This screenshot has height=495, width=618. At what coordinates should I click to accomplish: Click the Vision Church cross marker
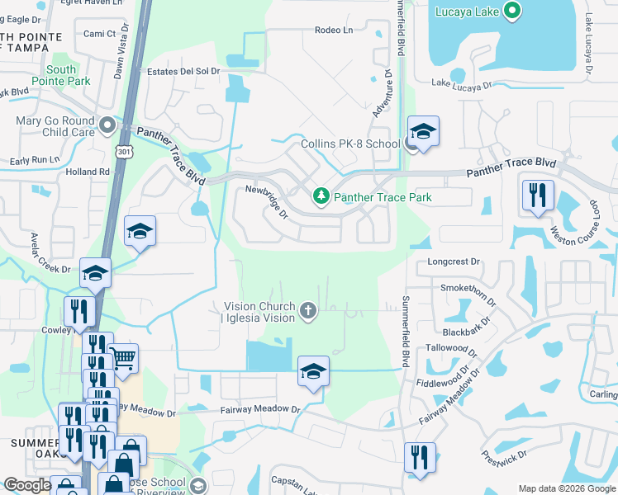coord(308,311)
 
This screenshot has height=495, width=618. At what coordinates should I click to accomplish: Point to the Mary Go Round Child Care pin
coord(107,126)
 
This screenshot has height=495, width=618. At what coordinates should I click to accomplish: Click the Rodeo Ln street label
coord(333,31)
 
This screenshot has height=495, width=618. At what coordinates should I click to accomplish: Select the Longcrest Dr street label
coord(454,262)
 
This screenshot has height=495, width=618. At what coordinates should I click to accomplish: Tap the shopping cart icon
coord(123,357)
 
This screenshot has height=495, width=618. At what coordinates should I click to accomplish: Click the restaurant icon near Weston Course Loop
coord(537,196)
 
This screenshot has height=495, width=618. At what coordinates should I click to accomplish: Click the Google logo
coord(27,486)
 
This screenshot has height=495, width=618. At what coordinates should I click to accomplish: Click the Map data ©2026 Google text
coord(566,488)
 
